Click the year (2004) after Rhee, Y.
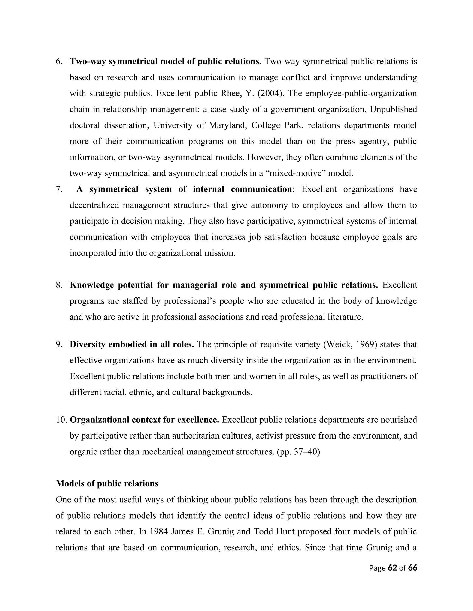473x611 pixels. click(x=269, y=93)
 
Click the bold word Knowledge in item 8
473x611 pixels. click(x=92, y=285)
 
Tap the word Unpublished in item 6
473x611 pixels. click(x=393, y=109)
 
